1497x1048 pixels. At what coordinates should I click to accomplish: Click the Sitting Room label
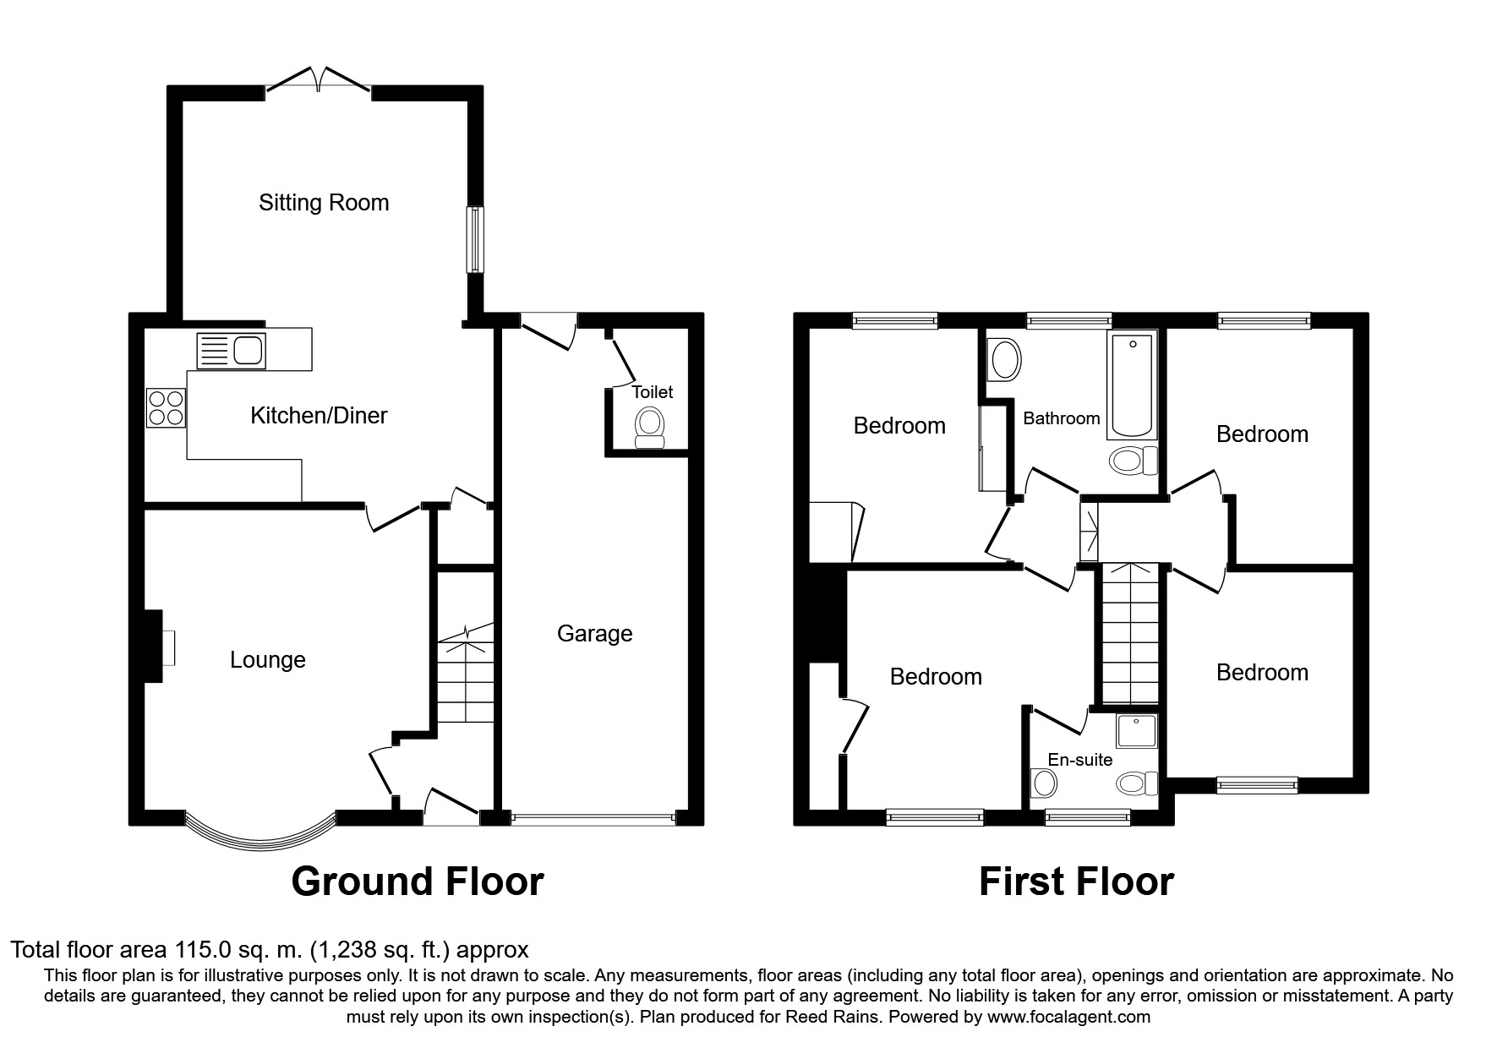(x=324, y=203)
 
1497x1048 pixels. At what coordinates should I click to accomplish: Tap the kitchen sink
(x=231, y=350)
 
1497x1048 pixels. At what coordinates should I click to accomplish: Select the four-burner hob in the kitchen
(x=166, y=407)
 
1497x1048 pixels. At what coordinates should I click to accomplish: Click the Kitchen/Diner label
(x=319, y=416)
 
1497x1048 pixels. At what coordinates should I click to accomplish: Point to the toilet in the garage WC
(x=649, y=428)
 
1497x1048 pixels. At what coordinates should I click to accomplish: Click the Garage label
(x=594, y=634)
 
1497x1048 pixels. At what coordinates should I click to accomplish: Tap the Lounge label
(x=268, y=660)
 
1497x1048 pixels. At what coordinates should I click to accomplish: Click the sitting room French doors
(x=319, y=79)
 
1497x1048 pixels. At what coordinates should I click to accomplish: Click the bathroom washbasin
(x=1004, y=360)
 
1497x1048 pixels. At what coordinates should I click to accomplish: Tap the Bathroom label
(x=1062, y=418)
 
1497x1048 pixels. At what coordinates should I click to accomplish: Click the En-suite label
(x=1080, y=760)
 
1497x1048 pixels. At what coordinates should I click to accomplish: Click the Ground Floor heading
(x=417, y=882)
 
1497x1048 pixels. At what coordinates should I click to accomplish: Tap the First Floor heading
(x=1076, y=882)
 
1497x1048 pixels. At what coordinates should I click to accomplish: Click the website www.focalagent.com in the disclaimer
(x=1068, y=1017)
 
